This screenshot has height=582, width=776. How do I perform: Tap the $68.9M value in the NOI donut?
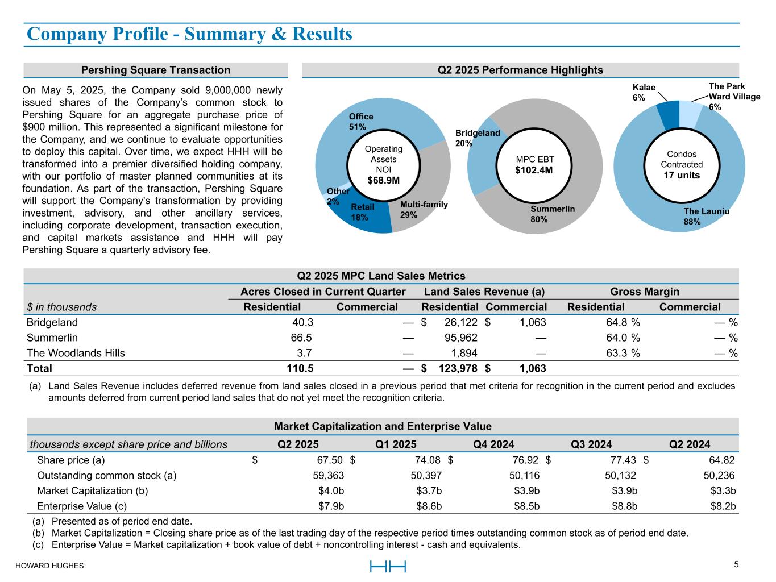pos(383,181)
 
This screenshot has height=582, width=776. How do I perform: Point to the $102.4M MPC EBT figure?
pos(534,170)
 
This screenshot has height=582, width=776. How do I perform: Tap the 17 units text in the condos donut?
pos(682,175)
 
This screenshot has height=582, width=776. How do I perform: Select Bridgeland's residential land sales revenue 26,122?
pos(456,322)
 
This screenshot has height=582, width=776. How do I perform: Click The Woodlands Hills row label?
pos(76,353)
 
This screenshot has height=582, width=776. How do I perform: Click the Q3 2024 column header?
pos(591,444)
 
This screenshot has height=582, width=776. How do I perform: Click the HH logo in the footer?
pos(388,566)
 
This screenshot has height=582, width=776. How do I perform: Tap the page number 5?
pos(736,564)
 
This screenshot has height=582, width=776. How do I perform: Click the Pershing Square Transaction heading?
pos(155,70)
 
